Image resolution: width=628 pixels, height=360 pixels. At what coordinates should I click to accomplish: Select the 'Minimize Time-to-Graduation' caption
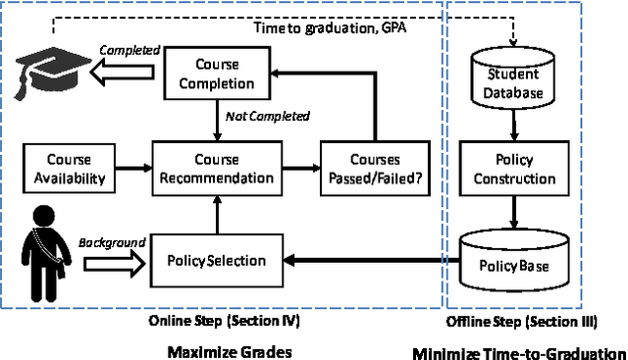point(518,352)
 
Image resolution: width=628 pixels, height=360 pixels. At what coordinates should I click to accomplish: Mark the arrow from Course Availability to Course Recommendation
point(132,168)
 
